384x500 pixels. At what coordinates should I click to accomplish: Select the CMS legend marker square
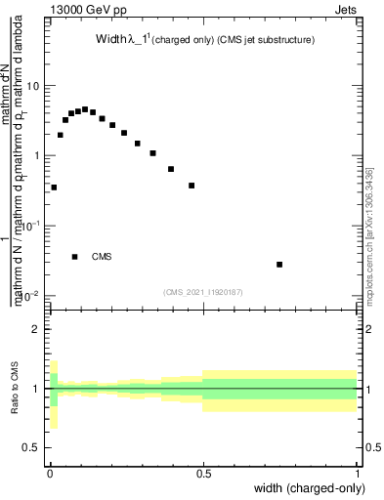point(75,257)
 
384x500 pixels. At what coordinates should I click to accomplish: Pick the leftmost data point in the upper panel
point(54,187)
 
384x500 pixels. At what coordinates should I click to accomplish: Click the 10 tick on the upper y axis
point(34,86)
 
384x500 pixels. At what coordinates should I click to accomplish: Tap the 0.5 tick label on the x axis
point(203,471)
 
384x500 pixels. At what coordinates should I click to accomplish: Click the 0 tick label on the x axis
point(49,471)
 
